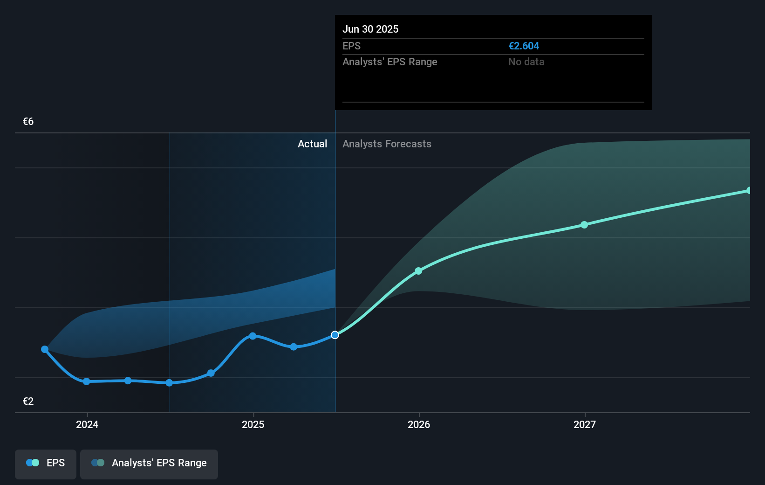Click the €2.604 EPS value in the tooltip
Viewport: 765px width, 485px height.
523,46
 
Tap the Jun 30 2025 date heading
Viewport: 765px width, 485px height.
370,29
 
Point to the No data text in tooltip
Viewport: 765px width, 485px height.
526,62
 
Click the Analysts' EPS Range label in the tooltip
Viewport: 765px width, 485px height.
389,62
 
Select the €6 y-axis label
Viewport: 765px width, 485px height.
28,122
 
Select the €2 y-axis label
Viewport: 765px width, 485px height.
28,402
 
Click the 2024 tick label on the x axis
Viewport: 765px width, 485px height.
87,424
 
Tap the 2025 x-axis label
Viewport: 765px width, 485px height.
253,424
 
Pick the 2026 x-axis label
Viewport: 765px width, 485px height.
419,424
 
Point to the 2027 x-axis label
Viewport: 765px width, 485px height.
585,424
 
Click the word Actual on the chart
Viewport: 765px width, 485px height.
312,144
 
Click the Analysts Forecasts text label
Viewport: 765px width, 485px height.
387,144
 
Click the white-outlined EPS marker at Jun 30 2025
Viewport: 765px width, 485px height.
335,335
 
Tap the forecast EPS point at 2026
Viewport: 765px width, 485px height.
418,271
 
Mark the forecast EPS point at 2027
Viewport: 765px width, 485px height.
584,225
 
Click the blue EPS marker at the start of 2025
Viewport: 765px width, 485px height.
253,336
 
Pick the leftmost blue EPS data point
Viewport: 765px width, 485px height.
45,349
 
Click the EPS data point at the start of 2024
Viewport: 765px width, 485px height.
87,381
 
